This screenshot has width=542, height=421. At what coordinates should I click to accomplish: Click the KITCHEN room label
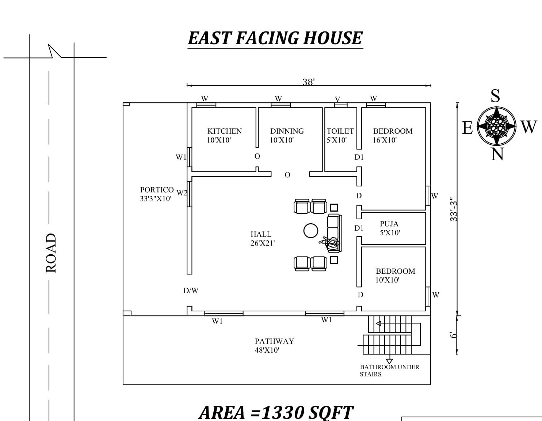coord(224,131)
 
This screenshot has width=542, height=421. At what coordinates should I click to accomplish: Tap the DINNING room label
coord(287,131)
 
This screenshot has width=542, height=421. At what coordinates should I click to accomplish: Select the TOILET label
coord(340,131)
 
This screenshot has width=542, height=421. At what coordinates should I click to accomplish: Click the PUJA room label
coord(389,224)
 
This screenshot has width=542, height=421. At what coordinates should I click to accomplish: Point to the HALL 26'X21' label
coord(262,239)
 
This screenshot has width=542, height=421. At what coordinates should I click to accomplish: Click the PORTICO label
coord(157,190)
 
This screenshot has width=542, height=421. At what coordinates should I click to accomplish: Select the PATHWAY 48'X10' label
coord(274,346)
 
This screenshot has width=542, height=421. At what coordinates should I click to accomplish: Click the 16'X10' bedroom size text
coord(385,140)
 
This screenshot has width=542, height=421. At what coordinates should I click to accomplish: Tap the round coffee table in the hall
coord(310,231)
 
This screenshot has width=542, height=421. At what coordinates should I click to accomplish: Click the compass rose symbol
coord(496,126)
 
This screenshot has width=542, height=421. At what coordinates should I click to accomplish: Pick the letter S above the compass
coord(495,96)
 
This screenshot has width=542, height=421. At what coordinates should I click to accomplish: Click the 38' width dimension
coord(308,82)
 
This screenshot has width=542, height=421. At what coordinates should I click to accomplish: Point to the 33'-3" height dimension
coord(454,210)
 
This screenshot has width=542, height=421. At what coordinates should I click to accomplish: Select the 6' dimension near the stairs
coord(454,335)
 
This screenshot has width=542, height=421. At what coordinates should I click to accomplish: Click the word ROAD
coord(51,253)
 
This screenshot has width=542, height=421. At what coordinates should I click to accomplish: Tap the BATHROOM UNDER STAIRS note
coord(389,370)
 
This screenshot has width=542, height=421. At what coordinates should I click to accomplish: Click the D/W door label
coord(191,291)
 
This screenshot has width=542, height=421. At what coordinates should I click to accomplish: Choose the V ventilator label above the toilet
coord(337,99)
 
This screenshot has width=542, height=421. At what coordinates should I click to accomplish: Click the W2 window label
coord(182,193)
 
